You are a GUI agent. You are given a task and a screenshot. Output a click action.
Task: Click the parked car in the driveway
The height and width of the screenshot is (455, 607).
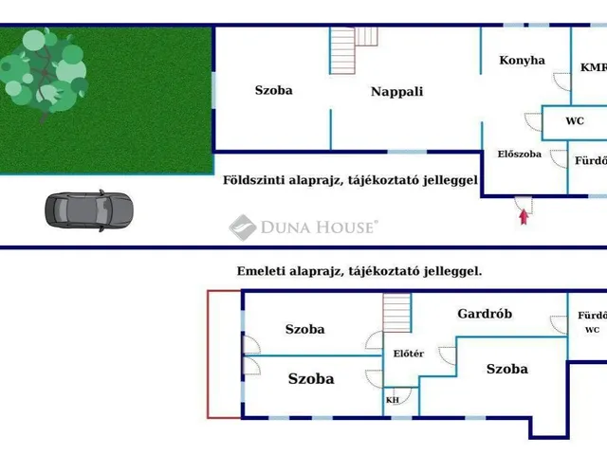(x=88, y=209)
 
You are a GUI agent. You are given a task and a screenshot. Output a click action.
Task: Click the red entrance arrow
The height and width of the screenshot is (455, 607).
(x=523, y=217)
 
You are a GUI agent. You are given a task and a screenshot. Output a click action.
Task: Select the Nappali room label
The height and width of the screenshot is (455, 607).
(x=396, y=92)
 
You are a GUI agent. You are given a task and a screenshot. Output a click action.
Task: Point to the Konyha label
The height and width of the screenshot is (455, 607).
(x=522, y=60)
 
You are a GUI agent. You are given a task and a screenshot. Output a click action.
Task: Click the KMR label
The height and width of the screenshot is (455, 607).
(x=594, y=67)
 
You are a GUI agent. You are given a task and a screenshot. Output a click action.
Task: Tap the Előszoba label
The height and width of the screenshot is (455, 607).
(x=519, y=154)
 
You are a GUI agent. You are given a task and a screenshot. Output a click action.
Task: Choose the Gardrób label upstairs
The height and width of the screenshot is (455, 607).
(x=486, y=313)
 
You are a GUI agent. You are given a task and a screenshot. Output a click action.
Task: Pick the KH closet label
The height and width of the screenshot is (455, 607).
(x=393, y=400)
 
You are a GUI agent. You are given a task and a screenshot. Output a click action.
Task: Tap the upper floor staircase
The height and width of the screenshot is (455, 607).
(x=397, y=318)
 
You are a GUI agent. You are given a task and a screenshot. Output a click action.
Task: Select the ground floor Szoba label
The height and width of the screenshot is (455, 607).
(x=273, y=90)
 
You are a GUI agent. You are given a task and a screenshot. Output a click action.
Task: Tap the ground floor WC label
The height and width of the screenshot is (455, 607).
(x=575, y=121)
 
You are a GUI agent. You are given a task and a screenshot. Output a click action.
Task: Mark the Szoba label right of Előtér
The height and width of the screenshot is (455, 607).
(x=506, y=369)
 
